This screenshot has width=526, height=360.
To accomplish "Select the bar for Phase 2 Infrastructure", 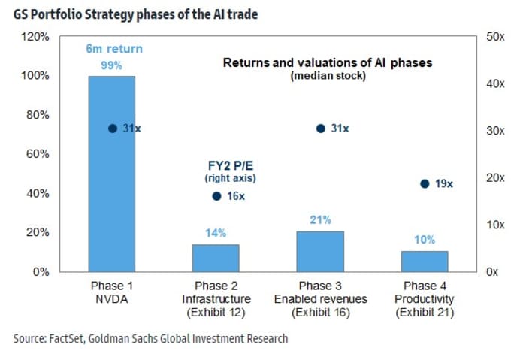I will click(216, 258).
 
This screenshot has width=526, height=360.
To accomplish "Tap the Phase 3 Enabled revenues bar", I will click(320, 251).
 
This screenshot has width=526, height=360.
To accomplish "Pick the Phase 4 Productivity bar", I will click(425, 261).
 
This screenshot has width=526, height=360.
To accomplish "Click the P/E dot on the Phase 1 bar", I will click(113, 129).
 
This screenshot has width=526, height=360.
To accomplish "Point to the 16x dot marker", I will click(216, 196).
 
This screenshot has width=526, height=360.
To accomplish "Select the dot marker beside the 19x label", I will click(425, 184).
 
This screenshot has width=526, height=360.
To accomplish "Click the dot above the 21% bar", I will click(320, 129).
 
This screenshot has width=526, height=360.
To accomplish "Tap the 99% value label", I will click(112, 65).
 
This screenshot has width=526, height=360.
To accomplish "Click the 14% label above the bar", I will click(216, 234).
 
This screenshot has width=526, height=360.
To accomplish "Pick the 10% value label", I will click(425, 241).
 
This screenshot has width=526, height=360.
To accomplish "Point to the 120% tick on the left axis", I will click(37, 37).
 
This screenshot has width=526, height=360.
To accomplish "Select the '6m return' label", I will click(112, 50).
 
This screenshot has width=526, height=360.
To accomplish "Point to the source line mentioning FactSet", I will click(150, 339).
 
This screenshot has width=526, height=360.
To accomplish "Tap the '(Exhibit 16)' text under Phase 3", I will click(321, 312).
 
